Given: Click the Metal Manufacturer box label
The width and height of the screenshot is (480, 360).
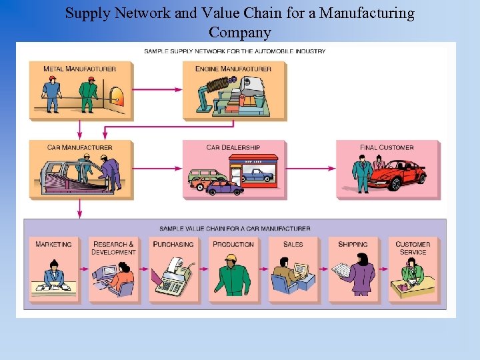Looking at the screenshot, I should click(x=79, y=69).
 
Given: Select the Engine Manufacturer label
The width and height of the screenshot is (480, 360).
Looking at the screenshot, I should click(x=233, y=69).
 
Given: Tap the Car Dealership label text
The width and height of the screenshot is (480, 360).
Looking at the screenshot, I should click(x=233, y=147).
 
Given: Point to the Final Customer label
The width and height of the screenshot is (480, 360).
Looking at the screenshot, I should click(x=387, y=147).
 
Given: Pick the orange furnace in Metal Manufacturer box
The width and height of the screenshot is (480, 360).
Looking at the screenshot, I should click(x=119, y=97).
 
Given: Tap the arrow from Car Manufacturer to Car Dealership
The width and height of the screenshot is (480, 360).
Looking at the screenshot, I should click(x=158, y=169).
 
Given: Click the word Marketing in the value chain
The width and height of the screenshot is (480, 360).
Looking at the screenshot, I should click(x=53, y=245).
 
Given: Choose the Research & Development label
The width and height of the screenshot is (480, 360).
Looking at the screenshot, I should click(x=113, y=248).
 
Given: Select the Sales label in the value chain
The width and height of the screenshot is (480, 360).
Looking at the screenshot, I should click(x=293, y=245).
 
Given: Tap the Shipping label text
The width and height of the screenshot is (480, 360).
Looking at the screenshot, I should click(x=353, y=245).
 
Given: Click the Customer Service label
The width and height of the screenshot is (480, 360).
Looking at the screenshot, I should click(x=413, y=248).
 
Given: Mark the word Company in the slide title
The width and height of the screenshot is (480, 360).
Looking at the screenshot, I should click(x=240, y=32).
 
